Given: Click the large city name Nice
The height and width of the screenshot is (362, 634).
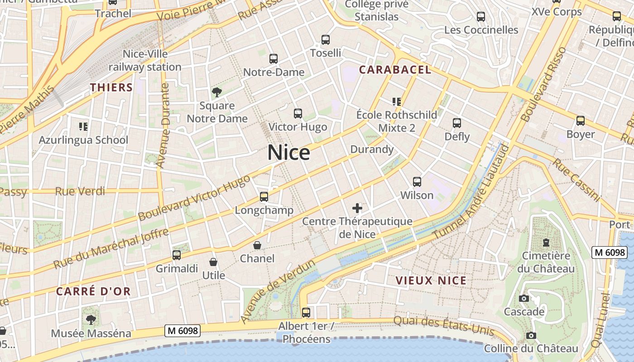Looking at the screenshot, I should click(x=288, y=152).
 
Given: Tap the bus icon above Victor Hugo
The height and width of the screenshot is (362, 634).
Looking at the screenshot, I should click(x=298, y=114).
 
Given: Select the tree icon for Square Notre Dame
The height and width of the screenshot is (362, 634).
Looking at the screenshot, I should click(x=217, y=93).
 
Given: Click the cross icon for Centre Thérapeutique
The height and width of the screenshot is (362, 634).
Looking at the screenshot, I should click(x=357, y=208).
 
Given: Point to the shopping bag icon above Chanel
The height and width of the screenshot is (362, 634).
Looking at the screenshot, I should click(x=257, y=245).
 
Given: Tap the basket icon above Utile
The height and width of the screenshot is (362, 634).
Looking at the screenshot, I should click(x=213, y=262).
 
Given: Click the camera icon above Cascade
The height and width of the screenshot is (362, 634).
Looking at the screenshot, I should click(x=524, y=299).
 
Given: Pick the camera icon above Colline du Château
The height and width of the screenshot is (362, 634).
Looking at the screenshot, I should click(x=531, y=335).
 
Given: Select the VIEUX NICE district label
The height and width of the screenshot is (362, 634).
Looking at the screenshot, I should click(x=431, y=281).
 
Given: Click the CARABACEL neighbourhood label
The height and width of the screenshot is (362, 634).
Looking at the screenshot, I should click(x=395, y=70).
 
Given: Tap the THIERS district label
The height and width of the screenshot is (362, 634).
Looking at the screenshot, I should click(x=111, y=87).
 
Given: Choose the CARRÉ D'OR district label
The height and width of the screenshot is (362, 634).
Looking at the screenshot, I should click(x=93, y=291).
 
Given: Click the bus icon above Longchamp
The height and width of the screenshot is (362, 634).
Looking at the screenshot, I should click(x=264, y=197).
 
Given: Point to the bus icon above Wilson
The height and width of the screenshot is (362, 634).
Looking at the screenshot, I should click(x=417, y=182).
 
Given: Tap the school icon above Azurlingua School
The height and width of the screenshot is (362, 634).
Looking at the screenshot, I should click(x=83, y=127).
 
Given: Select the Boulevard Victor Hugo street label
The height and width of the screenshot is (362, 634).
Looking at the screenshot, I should click(x=194, y=198).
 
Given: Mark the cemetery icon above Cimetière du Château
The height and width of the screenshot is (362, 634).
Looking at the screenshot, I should click(x=546, y=243).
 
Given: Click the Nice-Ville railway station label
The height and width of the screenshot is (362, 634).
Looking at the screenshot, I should click(x=145, y=61).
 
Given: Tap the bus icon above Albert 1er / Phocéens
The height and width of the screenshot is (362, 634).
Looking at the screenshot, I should click(x=306, y=312).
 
